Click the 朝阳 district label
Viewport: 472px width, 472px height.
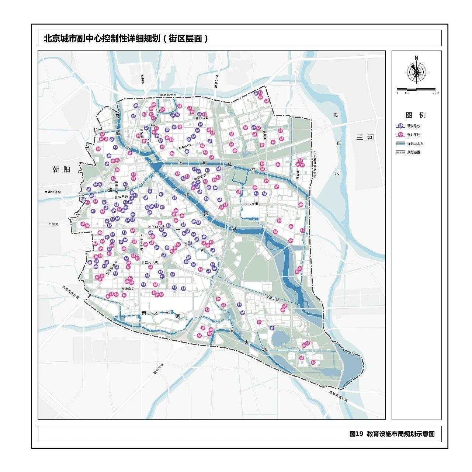point(61,169)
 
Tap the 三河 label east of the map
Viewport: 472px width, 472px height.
point(365,137)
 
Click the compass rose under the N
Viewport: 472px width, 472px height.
point(416,72)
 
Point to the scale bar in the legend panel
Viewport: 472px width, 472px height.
point(416,89)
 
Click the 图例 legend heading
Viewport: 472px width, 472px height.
point(416,115)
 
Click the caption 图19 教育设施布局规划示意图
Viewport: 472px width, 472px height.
point(392,434)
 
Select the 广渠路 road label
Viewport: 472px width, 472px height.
point(53,224)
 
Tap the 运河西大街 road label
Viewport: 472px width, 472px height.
point(156,226)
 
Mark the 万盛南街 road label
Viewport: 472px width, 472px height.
point(128,288)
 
